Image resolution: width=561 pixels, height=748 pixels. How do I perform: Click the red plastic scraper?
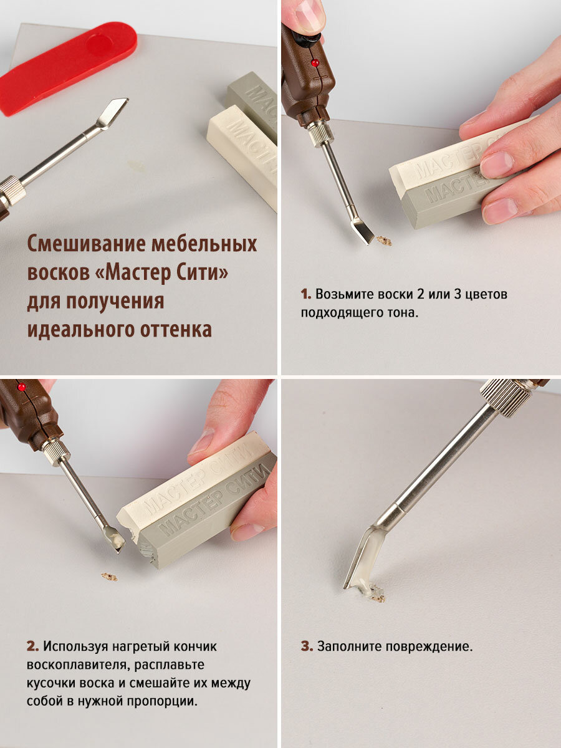click(x=68, y=68)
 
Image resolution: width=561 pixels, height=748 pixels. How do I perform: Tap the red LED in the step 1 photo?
click(x=315, y=63)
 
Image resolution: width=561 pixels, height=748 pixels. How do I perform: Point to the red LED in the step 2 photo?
click(x=22, y=387)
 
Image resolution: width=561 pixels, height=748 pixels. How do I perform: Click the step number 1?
click(x=305, y=294)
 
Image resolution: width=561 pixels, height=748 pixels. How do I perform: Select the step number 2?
click(x=32, y=646)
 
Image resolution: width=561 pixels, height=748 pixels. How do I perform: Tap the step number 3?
click(x=307, y=646)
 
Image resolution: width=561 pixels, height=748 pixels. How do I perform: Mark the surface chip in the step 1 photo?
click(x=384, y=241)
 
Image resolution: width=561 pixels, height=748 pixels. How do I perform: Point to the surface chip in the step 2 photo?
click(x=109, y=577)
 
